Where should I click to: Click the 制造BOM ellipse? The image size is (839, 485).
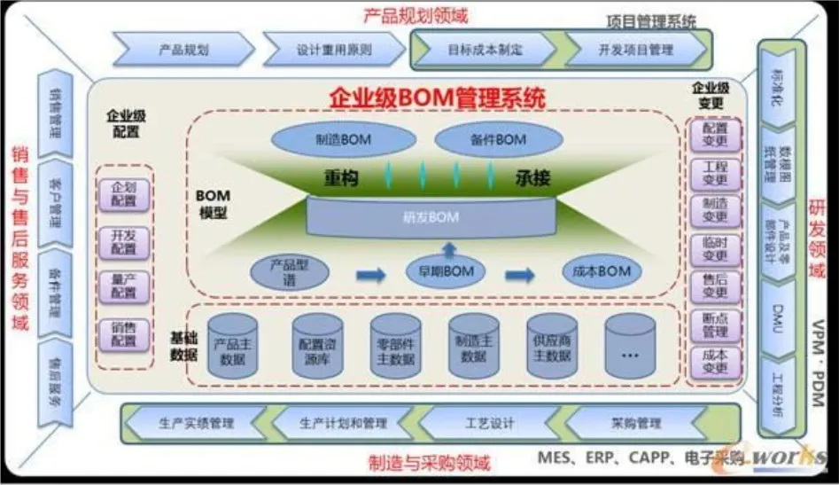pos(343,139)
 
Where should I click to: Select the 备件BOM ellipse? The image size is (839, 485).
pos(499,139)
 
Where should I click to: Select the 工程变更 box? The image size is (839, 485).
pos(714,175)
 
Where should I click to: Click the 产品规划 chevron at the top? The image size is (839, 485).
pos(183,51)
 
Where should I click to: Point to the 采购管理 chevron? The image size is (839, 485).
pos(636,423)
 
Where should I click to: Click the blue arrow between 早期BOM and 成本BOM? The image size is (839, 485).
pos(521,274)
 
